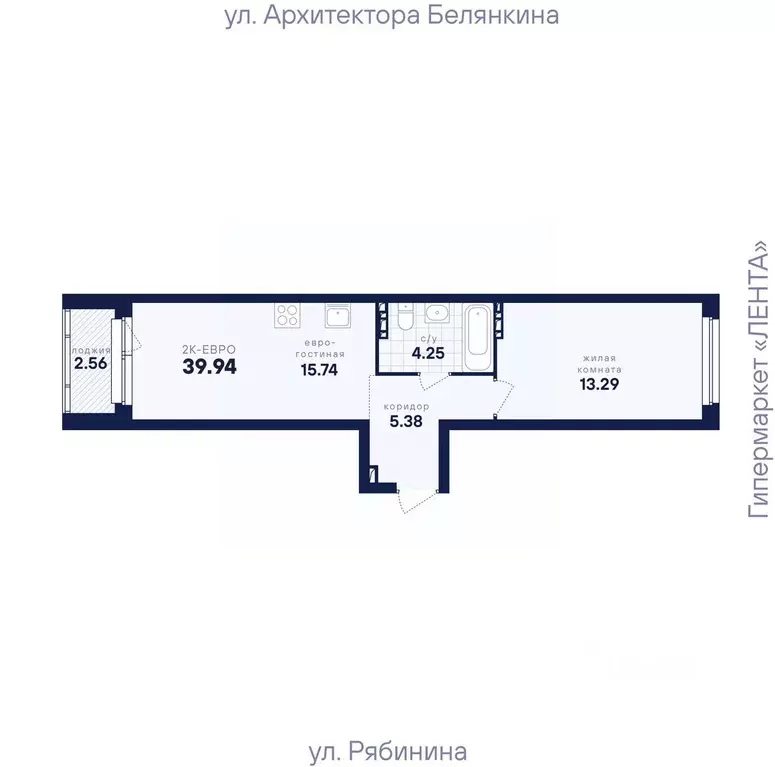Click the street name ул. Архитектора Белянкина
point(391,16)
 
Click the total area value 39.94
point(209,366)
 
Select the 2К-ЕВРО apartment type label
point(209,348)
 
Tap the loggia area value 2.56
point(90,364)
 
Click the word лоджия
point(90,350)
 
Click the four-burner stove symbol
point(288,316)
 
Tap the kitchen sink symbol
point(337,317)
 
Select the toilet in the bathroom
point(404,317)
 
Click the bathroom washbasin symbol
point(437,314)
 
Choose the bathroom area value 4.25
point(428,353)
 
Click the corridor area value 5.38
point(406,422)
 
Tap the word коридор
point(406,407)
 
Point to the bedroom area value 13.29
point(600,383)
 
